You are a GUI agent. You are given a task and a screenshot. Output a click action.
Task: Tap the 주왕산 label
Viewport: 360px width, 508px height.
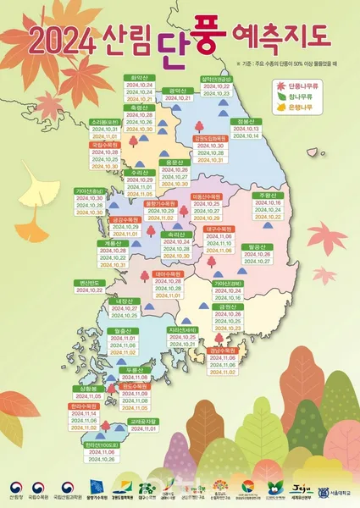tap(270, 196)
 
